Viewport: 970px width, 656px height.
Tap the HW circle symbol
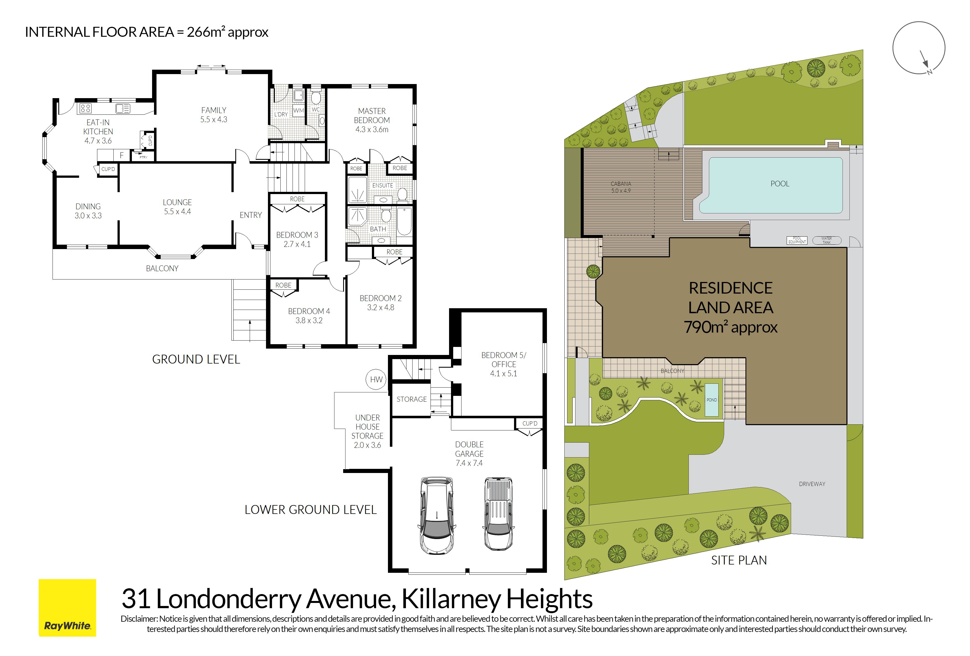[x=376, y=379]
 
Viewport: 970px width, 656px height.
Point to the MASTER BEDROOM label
[x=372, y=116]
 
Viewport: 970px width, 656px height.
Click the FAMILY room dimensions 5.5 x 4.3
[x=214, y=119]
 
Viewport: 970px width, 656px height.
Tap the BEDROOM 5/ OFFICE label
[x=504, y=360]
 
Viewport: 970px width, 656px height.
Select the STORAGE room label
[x=411, y=399]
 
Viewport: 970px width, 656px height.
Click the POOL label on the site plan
[x=780, y=184]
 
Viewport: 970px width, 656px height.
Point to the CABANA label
[x=621, y=184]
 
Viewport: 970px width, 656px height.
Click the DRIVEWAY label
[x=812, y=484]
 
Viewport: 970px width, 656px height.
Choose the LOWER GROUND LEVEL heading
[x=311, y=509]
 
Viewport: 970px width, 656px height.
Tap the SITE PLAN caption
[x=739, y=560]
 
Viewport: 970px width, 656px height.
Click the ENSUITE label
[x=383, y=185]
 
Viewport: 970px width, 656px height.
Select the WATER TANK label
[x=826, y=240]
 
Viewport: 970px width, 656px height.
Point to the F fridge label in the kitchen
[x=121, y=155]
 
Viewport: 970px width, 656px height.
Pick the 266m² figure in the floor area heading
[x=204, y=32]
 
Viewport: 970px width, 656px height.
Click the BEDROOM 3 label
[x=297, y=235]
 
